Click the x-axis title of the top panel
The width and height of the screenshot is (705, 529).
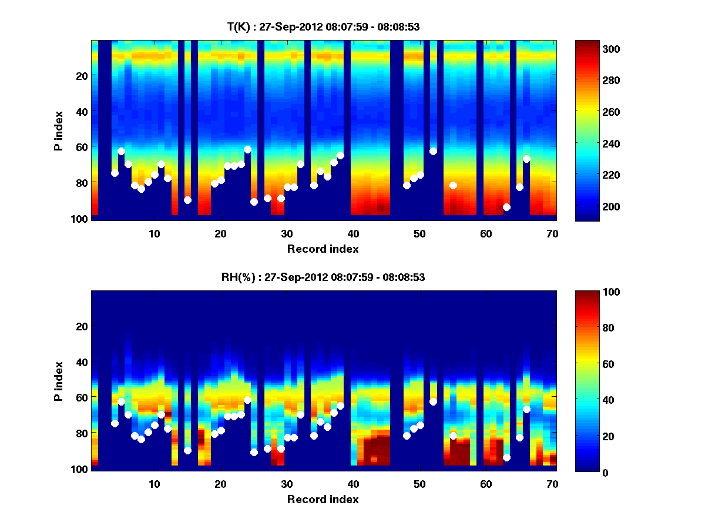point(323,249)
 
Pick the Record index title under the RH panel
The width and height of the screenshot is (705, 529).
point(323,499)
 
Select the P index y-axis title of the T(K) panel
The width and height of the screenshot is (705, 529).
point(59,130)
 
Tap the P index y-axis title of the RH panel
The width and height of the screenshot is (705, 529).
point(59,381)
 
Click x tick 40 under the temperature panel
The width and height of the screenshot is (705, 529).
point(354,233)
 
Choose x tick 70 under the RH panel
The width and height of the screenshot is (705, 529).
point(552,484)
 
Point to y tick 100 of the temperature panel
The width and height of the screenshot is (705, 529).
point(80,219)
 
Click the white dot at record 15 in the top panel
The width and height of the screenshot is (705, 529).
point(187,200)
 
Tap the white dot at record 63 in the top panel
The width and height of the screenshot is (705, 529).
point(506,207)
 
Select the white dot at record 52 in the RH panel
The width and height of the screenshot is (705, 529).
point(433,401)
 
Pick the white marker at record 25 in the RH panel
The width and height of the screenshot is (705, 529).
point(254,452)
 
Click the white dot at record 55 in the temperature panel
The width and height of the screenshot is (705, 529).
point(453,185)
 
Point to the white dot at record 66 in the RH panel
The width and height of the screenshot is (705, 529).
point(526,409)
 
